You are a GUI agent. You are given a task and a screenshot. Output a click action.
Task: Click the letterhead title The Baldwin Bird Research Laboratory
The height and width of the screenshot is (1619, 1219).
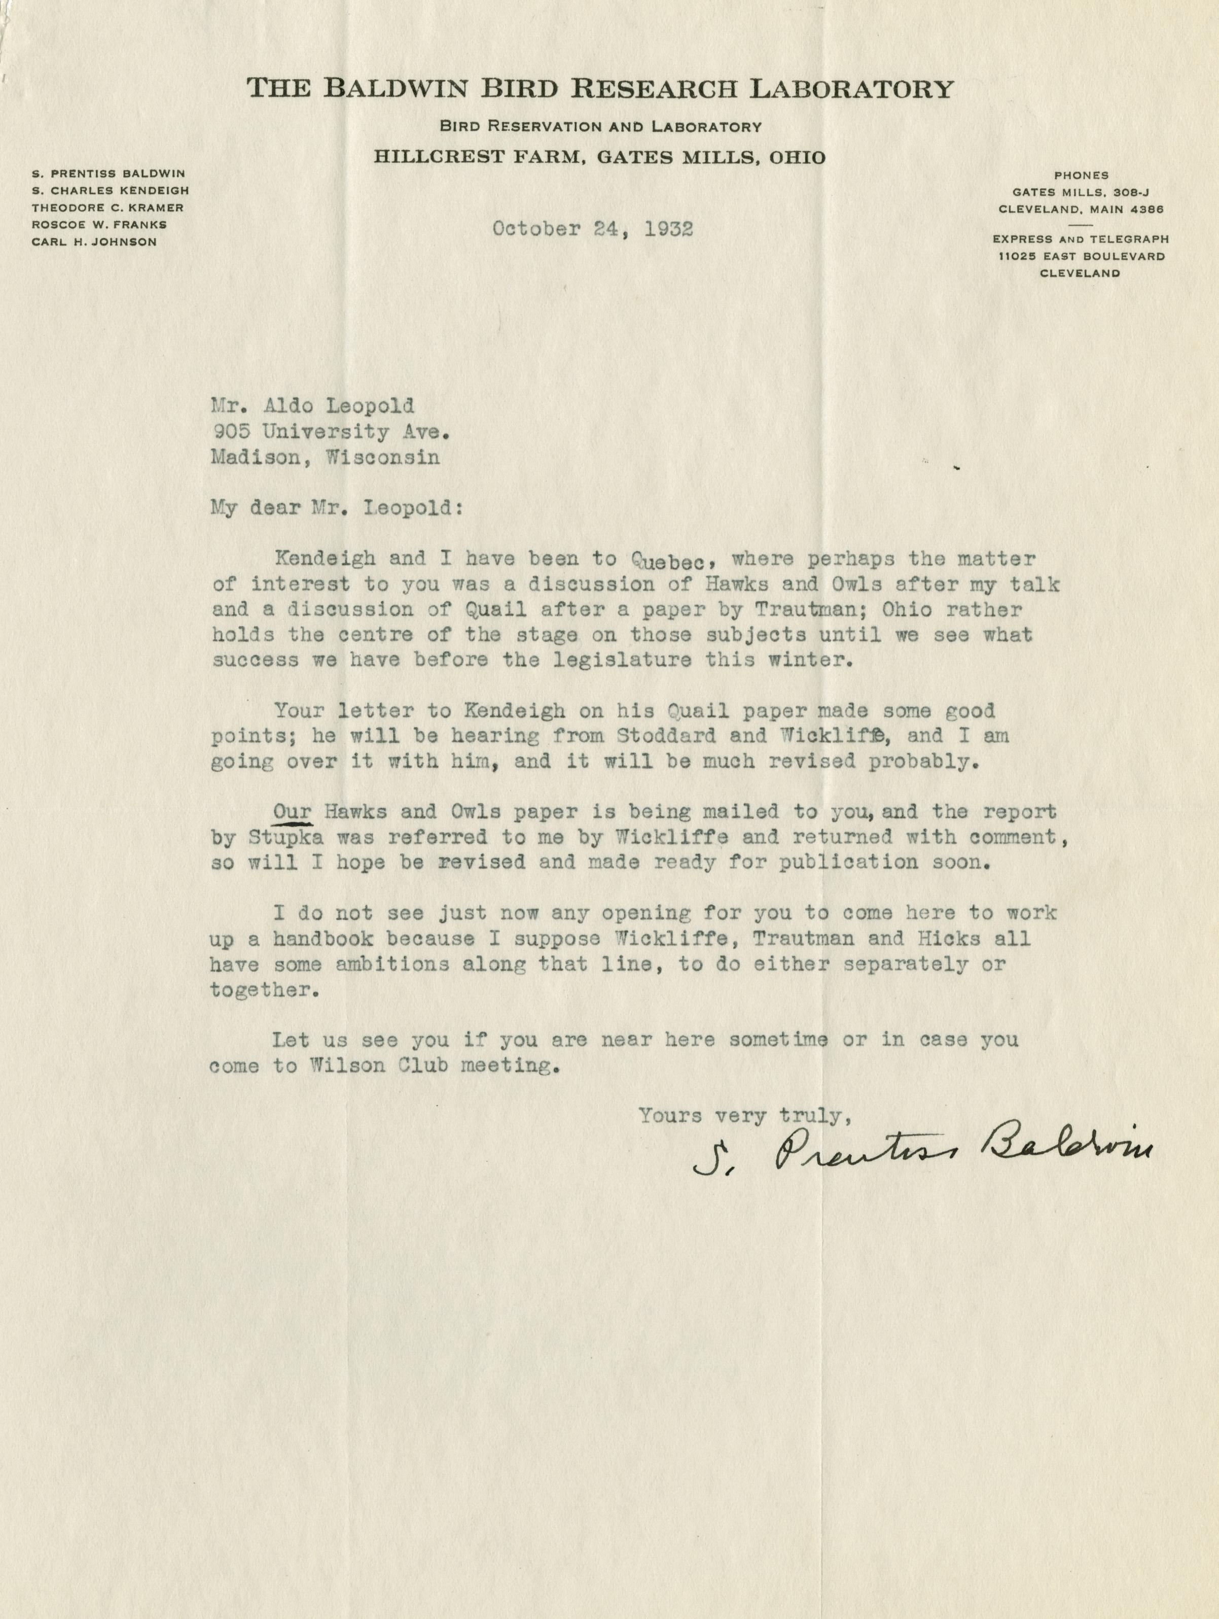(x=600, y=89)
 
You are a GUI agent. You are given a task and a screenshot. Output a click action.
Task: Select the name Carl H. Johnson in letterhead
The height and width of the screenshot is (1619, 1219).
(x=94, y=242)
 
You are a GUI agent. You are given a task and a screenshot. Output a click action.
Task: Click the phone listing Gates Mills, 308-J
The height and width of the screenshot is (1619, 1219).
(x=1081, y=192)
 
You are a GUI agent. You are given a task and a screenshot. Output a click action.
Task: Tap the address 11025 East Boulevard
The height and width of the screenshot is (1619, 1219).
(x=1080, y=256)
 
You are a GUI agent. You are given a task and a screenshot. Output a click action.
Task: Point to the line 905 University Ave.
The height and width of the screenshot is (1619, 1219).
(x=329, y=432)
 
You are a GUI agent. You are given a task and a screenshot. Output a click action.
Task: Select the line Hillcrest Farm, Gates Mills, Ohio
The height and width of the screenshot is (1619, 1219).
(x=600, y=157)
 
